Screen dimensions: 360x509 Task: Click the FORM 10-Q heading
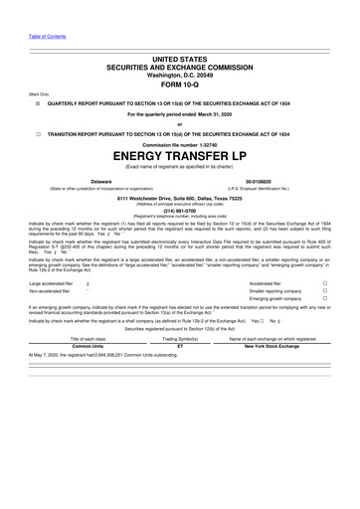(x=180, y=85)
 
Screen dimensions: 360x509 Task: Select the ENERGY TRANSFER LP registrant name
(x=180, y=157)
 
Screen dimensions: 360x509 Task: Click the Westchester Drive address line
(x=180, y=197)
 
